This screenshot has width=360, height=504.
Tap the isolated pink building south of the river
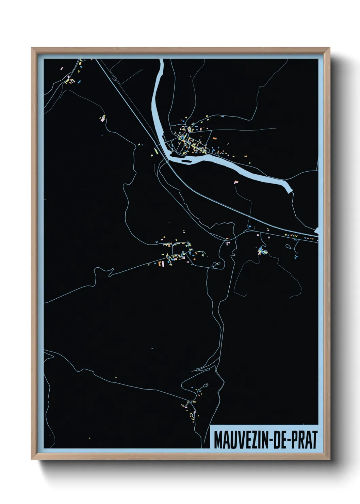(235, 182)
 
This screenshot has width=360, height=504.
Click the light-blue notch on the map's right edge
(316, 231)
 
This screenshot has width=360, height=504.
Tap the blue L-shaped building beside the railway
(249, 226)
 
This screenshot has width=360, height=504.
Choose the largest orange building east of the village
(214, 139)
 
